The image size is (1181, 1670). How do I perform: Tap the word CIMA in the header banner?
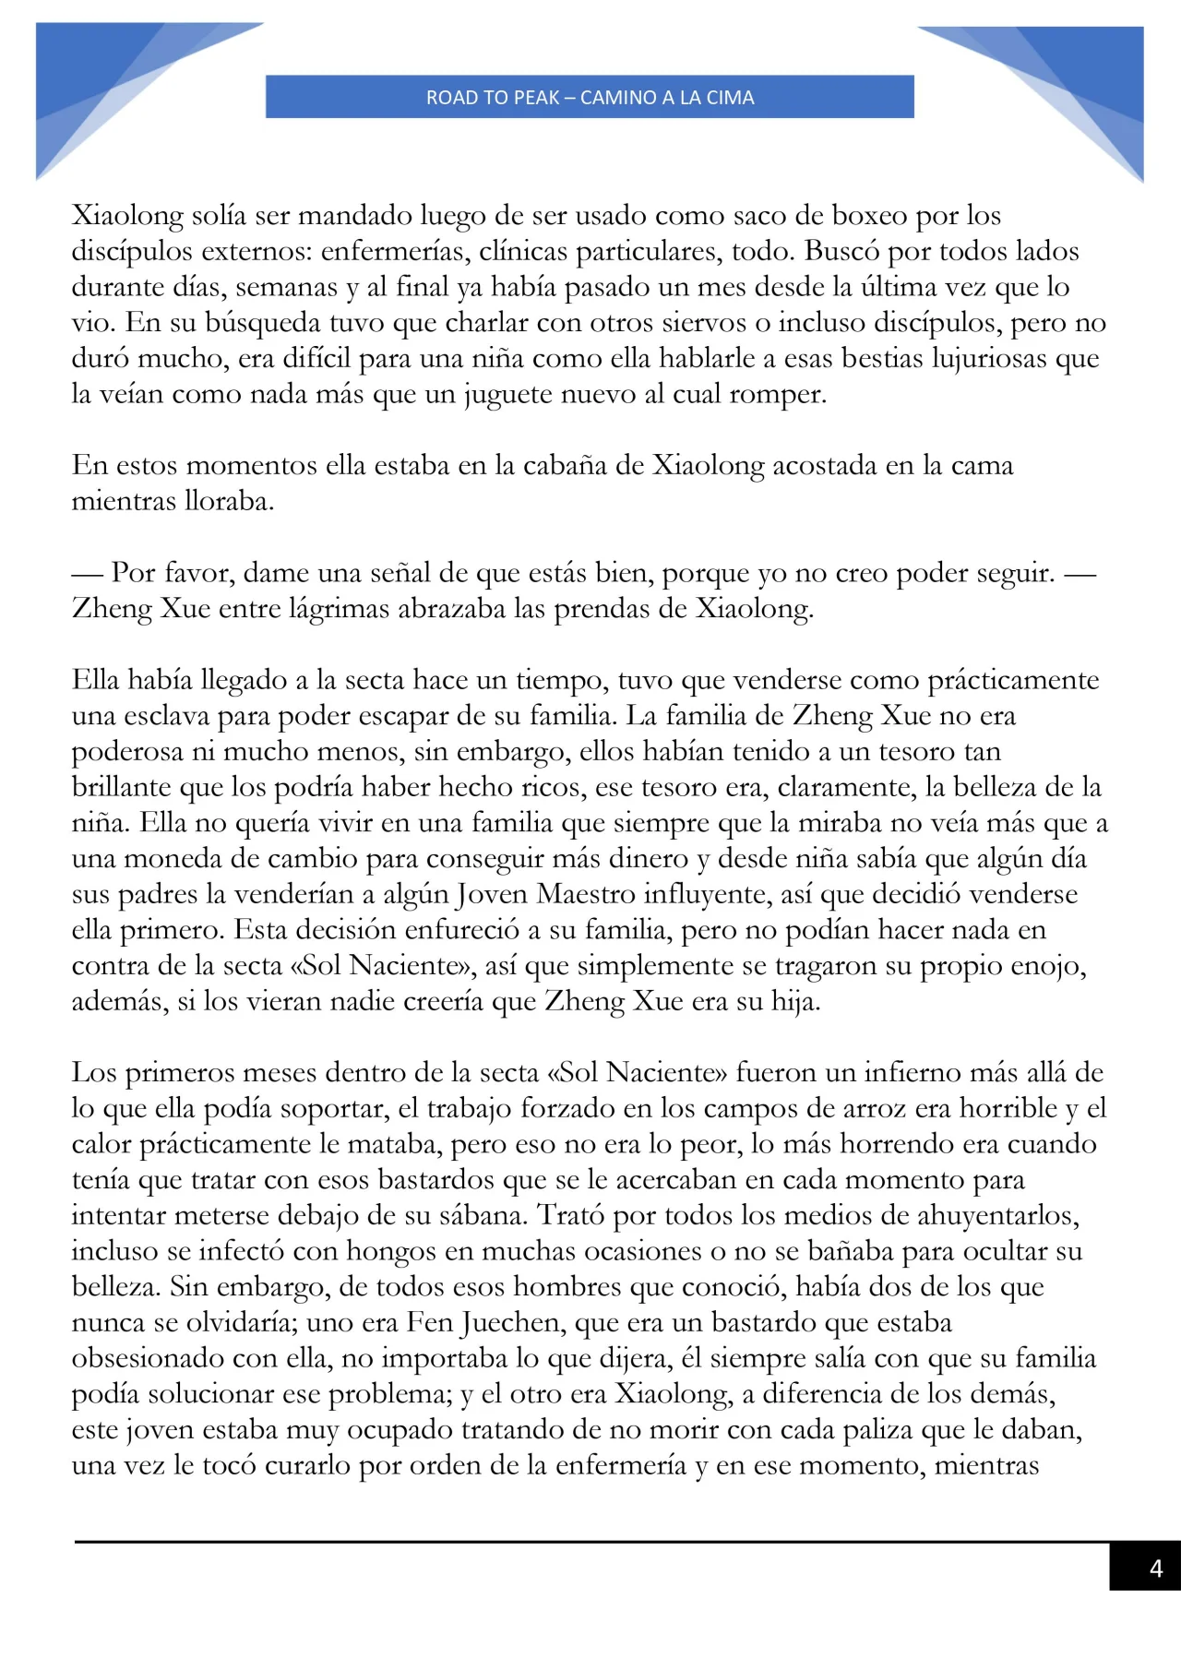(730, 98)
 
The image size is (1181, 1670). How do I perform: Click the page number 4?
(1155, 1569)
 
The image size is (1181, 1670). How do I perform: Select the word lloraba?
(229, 502)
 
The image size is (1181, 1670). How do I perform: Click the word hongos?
(387, 1252)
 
